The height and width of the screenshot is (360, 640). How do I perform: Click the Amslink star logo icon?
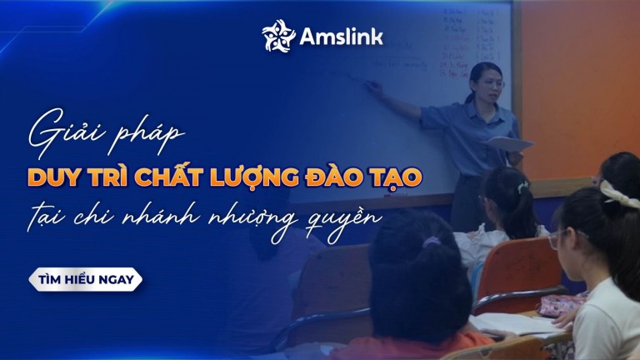pyautogui.click(x=279, y=35)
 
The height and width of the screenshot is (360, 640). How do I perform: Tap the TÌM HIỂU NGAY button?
pyautogui.click(x=85, y=280)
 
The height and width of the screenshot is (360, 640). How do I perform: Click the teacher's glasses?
pyautogui.click(x=490, y=83)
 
